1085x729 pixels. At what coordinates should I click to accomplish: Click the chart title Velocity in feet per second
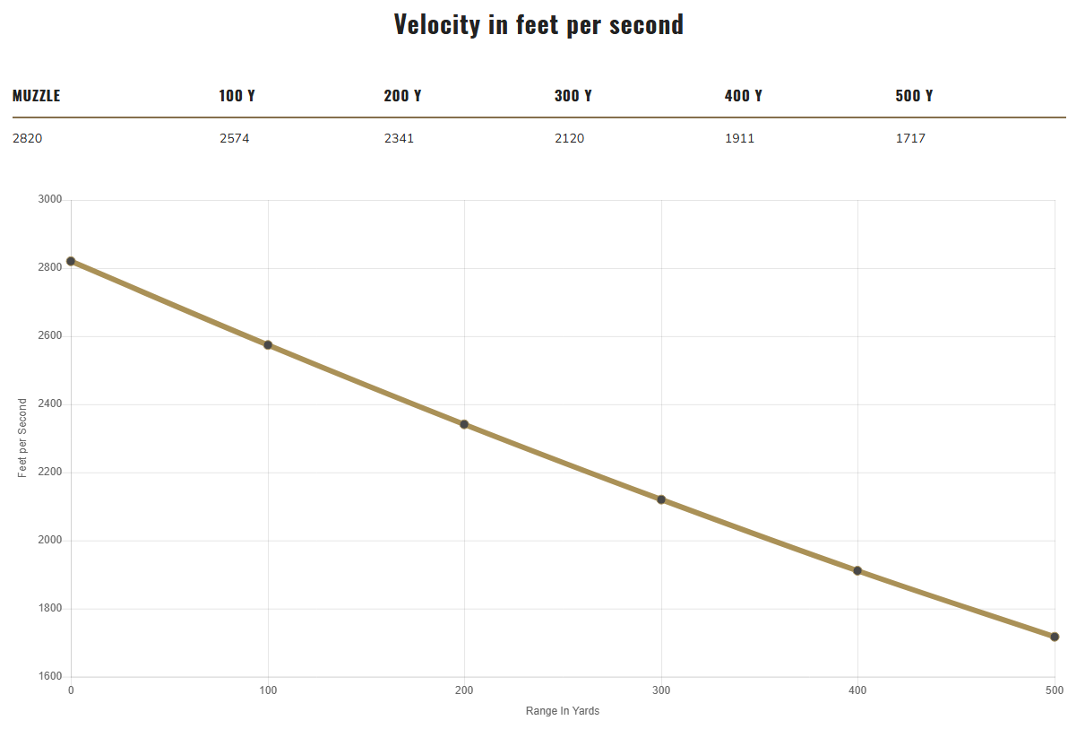(x=538, y=24)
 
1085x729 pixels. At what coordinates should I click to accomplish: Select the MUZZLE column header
(x=37, y=96)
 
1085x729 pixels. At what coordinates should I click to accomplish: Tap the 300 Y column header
(x=573, y=96)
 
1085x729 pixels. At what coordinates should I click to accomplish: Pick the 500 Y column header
(x=914, y=96)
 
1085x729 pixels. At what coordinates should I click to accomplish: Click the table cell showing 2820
(x=27, y=139)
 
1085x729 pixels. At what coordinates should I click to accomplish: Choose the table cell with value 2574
(x=234, y=139)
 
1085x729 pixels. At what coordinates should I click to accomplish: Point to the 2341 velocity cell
(x=399, y=139)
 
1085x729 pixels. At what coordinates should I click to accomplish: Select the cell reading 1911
(x=739, y=139)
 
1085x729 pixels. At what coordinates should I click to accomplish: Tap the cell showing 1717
(x=910, y=139)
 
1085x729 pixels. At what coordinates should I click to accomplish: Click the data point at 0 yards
(x=71, y=261)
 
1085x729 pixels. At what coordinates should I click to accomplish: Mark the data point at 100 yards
(x=268, y=344)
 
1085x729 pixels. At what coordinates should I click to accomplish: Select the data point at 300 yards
(x=661, y=499)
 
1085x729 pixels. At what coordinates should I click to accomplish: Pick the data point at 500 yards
(x=1055, y=637)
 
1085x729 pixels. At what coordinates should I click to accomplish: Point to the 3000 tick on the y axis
(x=49, y=200)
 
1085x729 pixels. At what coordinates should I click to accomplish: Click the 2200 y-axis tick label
(x=49, y=473)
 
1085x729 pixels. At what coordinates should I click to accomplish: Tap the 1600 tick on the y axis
(x=49, y=677)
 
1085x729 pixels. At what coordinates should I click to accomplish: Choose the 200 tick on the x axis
(x=464, y=690)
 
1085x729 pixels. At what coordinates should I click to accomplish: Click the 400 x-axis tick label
(x=857, y=690)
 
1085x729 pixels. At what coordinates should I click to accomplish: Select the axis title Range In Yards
(x=563, y=711)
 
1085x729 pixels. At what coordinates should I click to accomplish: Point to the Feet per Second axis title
(x=23, y=438)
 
